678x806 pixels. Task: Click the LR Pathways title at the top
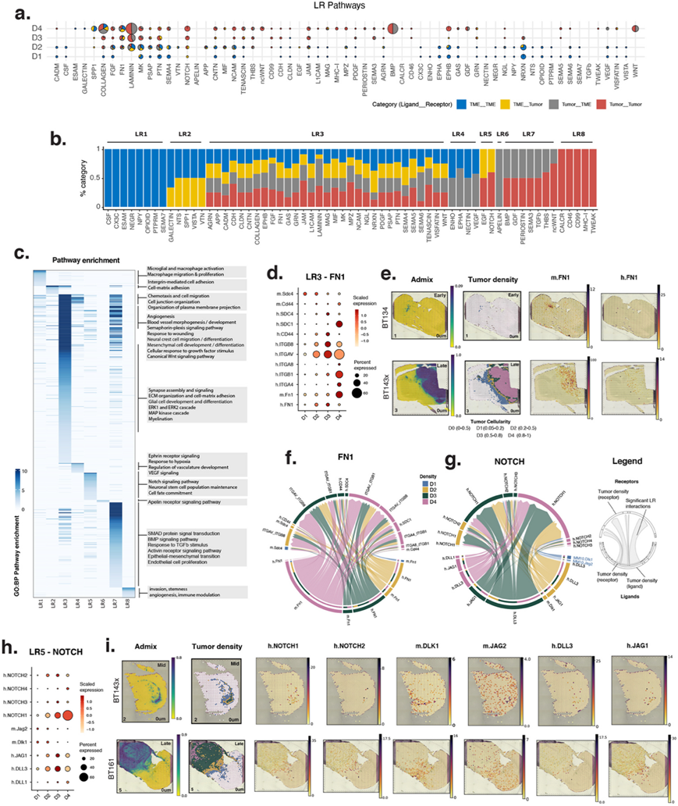click(339, 5)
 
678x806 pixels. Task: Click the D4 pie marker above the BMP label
click(391, 29)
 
